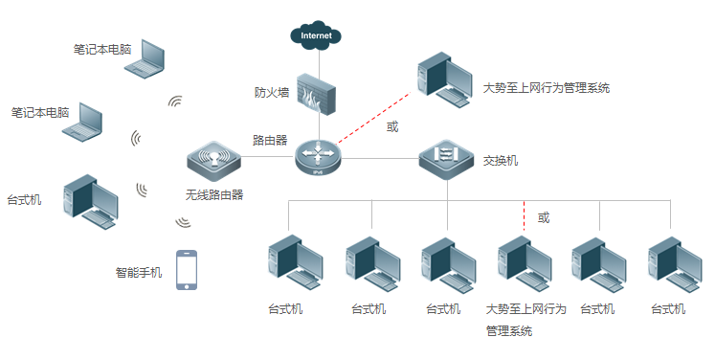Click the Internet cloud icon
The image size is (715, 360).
(x=317, y=36)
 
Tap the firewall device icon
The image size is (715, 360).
(x=317, y=94)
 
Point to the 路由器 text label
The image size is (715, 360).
(x=270, y=140)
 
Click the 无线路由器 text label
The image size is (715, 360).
(x=214, y=194)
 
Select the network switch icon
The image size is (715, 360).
(x=447, y=157)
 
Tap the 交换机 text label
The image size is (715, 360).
(x=501, y=161)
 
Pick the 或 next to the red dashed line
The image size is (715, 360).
(x=392, y=126)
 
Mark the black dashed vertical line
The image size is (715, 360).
(x=525, y=216)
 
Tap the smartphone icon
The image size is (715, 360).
(x=187, y=270)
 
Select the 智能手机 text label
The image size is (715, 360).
(x=140, y=272)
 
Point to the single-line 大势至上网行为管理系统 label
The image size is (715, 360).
(x=547, y=88)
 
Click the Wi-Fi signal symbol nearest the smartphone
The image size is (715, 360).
(x=182, y=222)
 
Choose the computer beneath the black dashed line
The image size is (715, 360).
(x=525, y=264)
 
